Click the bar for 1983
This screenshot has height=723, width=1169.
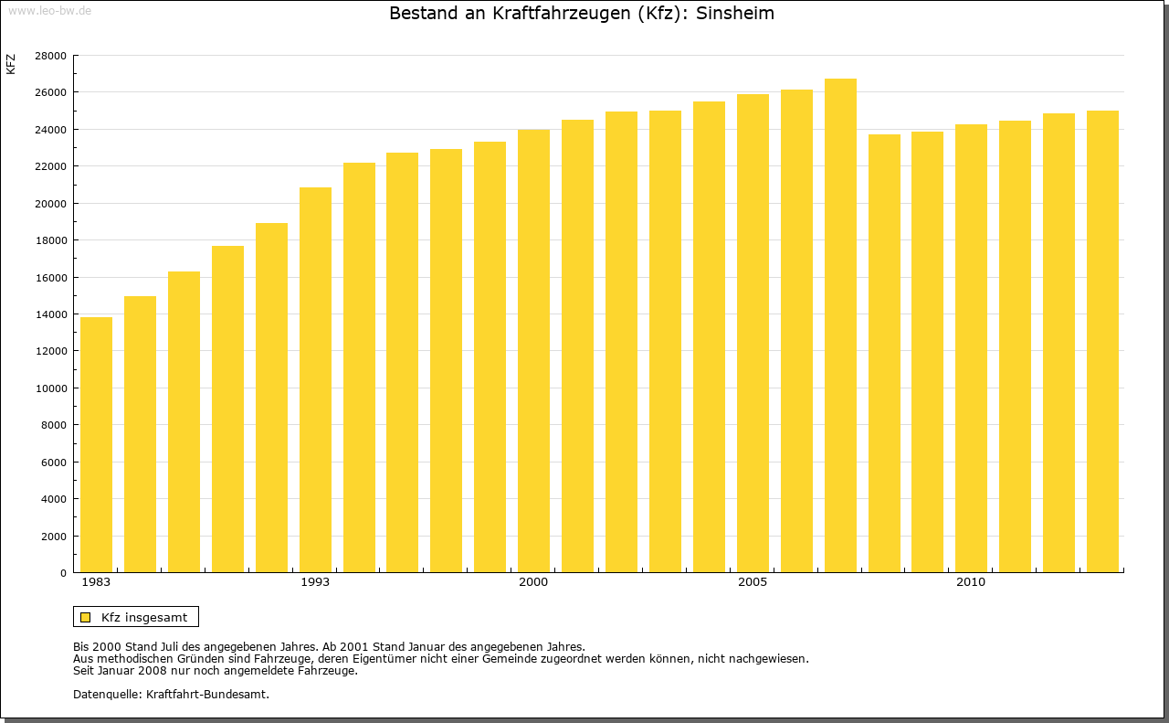(x=96, y=445)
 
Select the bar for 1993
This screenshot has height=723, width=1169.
(x=315, y=380)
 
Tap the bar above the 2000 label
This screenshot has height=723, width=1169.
(x=533, y=351)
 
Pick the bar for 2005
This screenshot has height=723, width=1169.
(x=753, y=334)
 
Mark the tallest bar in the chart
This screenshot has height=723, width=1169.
(x=840, y=325)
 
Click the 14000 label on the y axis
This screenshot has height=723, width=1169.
(x=50, y=314)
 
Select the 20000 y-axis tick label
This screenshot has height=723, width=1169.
(x=50, y=204)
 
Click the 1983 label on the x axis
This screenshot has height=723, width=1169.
(x=96, y=582)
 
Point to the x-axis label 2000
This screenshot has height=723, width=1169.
(x=533, y=582)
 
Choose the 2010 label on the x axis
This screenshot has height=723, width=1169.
(x=971, y=582)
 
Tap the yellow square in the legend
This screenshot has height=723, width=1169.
(x=85, y=617)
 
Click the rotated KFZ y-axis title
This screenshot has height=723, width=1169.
(x=11, y=64)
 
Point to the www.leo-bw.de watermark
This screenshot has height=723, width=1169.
(x=49, y=9)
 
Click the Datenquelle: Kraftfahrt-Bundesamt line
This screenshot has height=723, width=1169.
(x=171, y=694)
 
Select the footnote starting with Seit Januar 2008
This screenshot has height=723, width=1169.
(x=215, y=670)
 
